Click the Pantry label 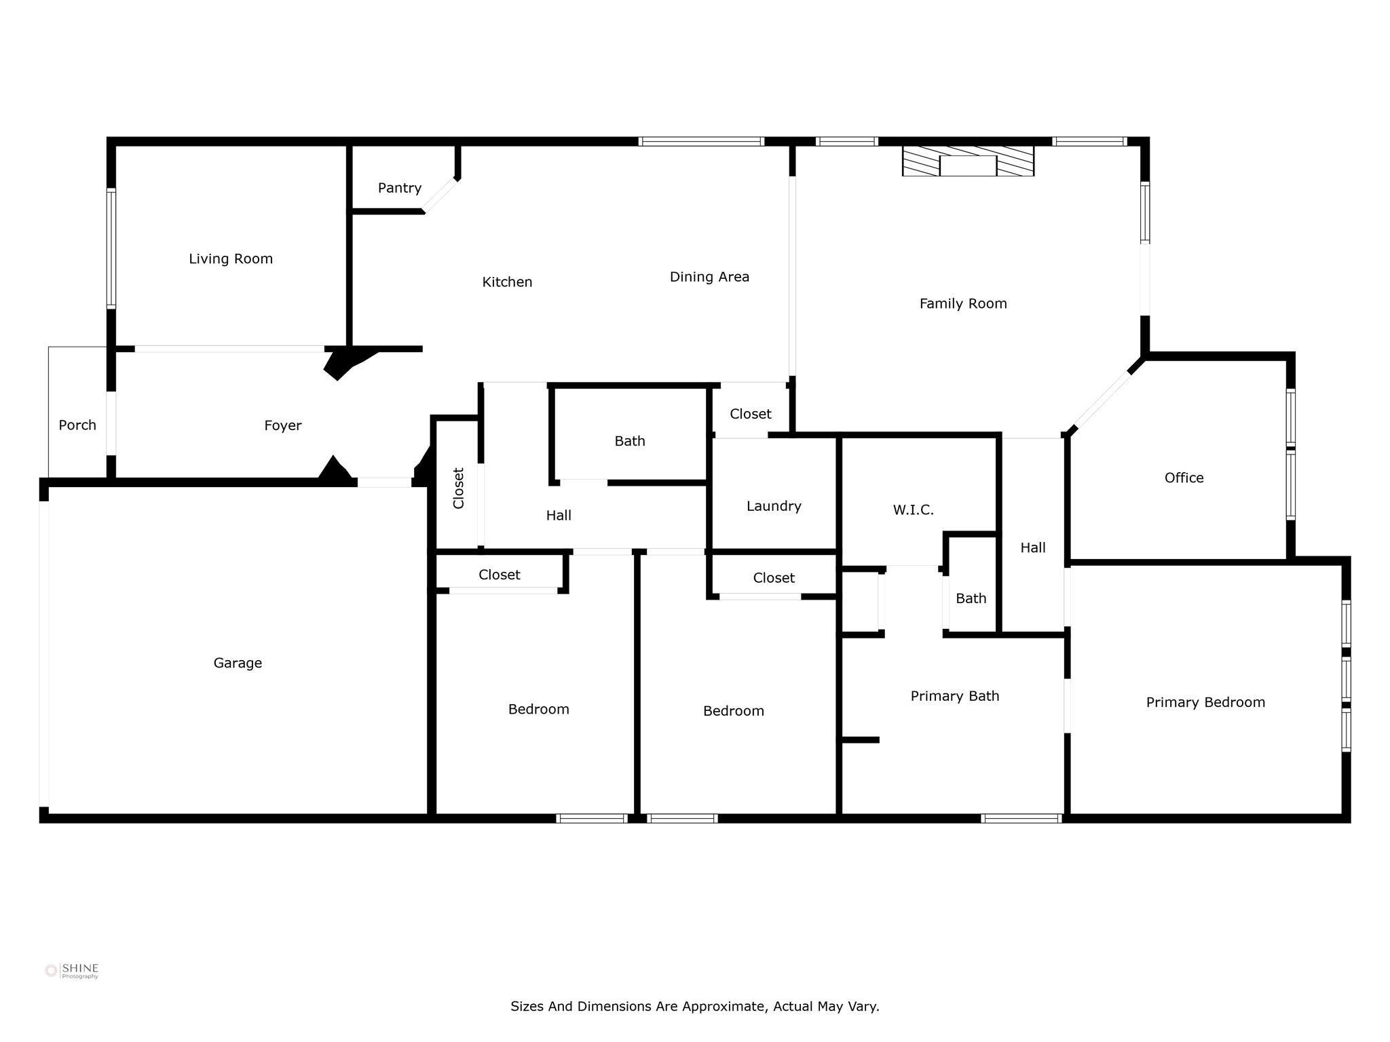400,188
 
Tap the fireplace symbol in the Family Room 968,162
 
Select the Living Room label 231,258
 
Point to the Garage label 238,663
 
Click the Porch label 77,425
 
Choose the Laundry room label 774,506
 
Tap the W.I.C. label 913,510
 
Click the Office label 1184,478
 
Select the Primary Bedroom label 1205,702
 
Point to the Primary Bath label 954,696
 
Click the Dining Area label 709,277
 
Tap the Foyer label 282,425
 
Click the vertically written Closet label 459,488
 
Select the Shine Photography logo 72,971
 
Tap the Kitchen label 507,282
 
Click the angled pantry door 440,195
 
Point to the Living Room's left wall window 111,248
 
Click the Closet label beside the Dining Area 750,414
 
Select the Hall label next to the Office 1032,547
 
